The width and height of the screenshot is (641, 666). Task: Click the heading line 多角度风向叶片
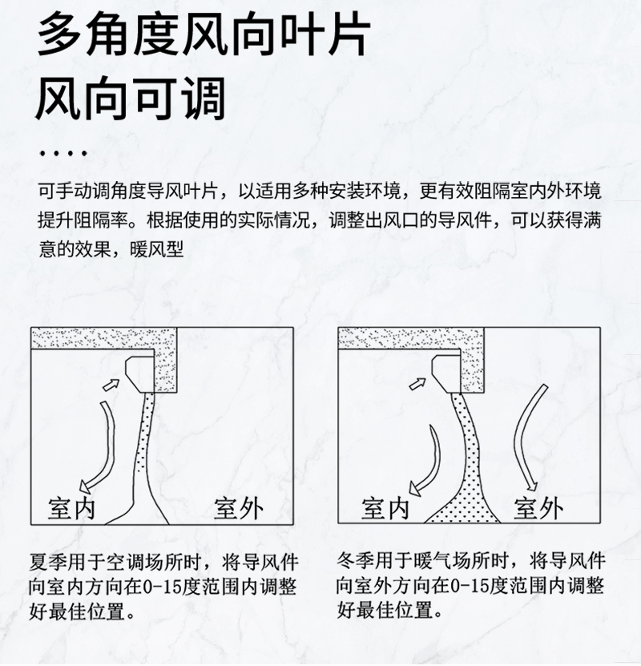tap(204, 34)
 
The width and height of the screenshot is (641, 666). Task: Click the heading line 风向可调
tap(131, 98)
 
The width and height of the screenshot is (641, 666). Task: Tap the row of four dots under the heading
tap(63, 153)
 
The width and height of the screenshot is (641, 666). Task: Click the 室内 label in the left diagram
tap(71, 508)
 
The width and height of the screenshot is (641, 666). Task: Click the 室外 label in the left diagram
tap(238, 508)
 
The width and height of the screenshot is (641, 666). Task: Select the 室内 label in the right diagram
tap(385, 508)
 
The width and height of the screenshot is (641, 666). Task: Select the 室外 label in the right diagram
tap(538, 508)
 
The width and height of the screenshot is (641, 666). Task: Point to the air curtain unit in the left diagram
tap(140, 373)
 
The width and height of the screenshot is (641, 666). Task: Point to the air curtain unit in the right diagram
tap(446, 373)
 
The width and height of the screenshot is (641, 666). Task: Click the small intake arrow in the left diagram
tap(111, 385)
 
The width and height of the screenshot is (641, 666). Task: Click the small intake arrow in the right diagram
tap(417, 384)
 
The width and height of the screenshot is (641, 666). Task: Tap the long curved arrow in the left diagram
tap(103, 446)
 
